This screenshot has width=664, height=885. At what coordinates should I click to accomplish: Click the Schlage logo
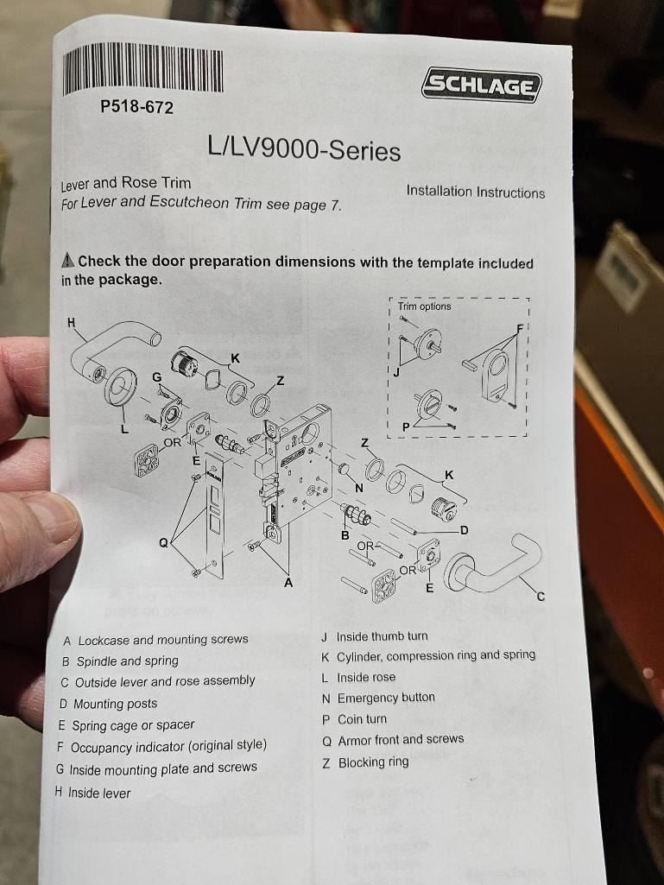481,85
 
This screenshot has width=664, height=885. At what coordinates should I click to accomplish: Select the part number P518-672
136,107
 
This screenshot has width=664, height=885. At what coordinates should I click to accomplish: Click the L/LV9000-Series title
304,149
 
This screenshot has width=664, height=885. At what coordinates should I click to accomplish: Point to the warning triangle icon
67,260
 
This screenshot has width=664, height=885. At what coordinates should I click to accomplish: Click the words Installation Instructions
476,192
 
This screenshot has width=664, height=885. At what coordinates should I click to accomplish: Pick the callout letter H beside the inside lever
71,323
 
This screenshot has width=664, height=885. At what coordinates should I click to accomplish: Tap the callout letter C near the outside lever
541,596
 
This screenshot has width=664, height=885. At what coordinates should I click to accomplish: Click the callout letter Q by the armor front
163,543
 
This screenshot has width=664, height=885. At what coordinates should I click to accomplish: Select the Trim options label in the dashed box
424,307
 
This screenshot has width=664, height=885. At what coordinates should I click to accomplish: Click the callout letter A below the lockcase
288,583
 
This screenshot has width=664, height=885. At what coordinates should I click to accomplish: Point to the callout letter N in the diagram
359,488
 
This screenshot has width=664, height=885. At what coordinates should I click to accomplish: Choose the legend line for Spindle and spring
120,661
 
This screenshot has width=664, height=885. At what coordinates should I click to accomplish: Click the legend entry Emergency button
378,699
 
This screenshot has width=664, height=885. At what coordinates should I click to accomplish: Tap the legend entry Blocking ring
365,762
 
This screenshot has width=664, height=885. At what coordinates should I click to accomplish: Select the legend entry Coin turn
355,719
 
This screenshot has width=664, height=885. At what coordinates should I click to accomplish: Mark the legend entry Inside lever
92,793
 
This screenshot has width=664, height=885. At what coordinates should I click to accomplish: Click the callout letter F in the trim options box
520,327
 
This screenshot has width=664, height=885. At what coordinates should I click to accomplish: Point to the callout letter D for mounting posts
465,530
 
